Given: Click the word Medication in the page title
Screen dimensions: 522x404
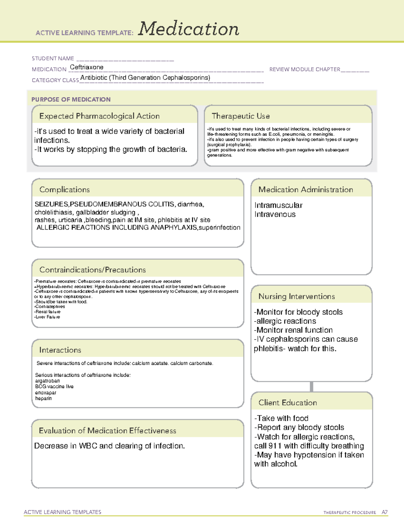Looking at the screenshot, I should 189,29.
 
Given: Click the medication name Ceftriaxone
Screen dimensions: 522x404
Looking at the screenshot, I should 87,67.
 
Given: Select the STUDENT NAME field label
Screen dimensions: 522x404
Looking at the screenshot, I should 53,58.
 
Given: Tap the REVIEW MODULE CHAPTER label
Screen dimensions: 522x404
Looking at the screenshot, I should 305,69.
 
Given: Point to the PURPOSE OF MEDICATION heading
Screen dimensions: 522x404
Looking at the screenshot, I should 71,99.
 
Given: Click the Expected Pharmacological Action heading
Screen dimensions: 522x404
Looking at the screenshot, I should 99,116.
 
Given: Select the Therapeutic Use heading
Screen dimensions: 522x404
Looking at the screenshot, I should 241,116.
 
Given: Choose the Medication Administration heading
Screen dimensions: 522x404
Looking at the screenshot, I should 306,190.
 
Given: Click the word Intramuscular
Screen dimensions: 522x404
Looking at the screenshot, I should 278,205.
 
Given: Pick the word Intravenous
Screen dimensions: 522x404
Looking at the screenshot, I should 275,214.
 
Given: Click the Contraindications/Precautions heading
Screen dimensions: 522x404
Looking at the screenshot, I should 93,270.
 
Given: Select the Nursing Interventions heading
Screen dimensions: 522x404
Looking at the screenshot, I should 297,296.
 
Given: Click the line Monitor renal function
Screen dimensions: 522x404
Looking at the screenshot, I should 294,330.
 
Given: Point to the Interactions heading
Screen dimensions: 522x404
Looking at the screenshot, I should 60,350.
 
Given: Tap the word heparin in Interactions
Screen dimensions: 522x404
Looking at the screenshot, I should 43,398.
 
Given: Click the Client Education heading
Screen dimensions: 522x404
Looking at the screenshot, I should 288,403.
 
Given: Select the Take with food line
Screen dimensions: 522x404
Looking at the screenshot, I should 282,418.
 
